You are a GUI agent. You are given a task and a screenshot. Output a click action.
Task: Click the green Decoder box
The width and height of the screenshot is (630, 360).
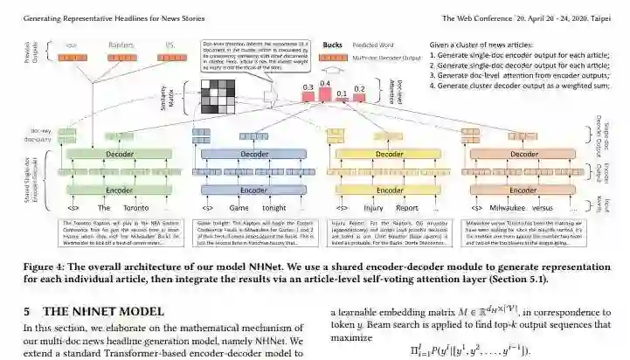(114, 154)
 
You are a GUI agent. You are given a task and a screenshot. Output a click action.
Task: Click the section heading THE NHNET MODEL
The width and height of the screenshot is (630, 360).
(104, 310)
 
